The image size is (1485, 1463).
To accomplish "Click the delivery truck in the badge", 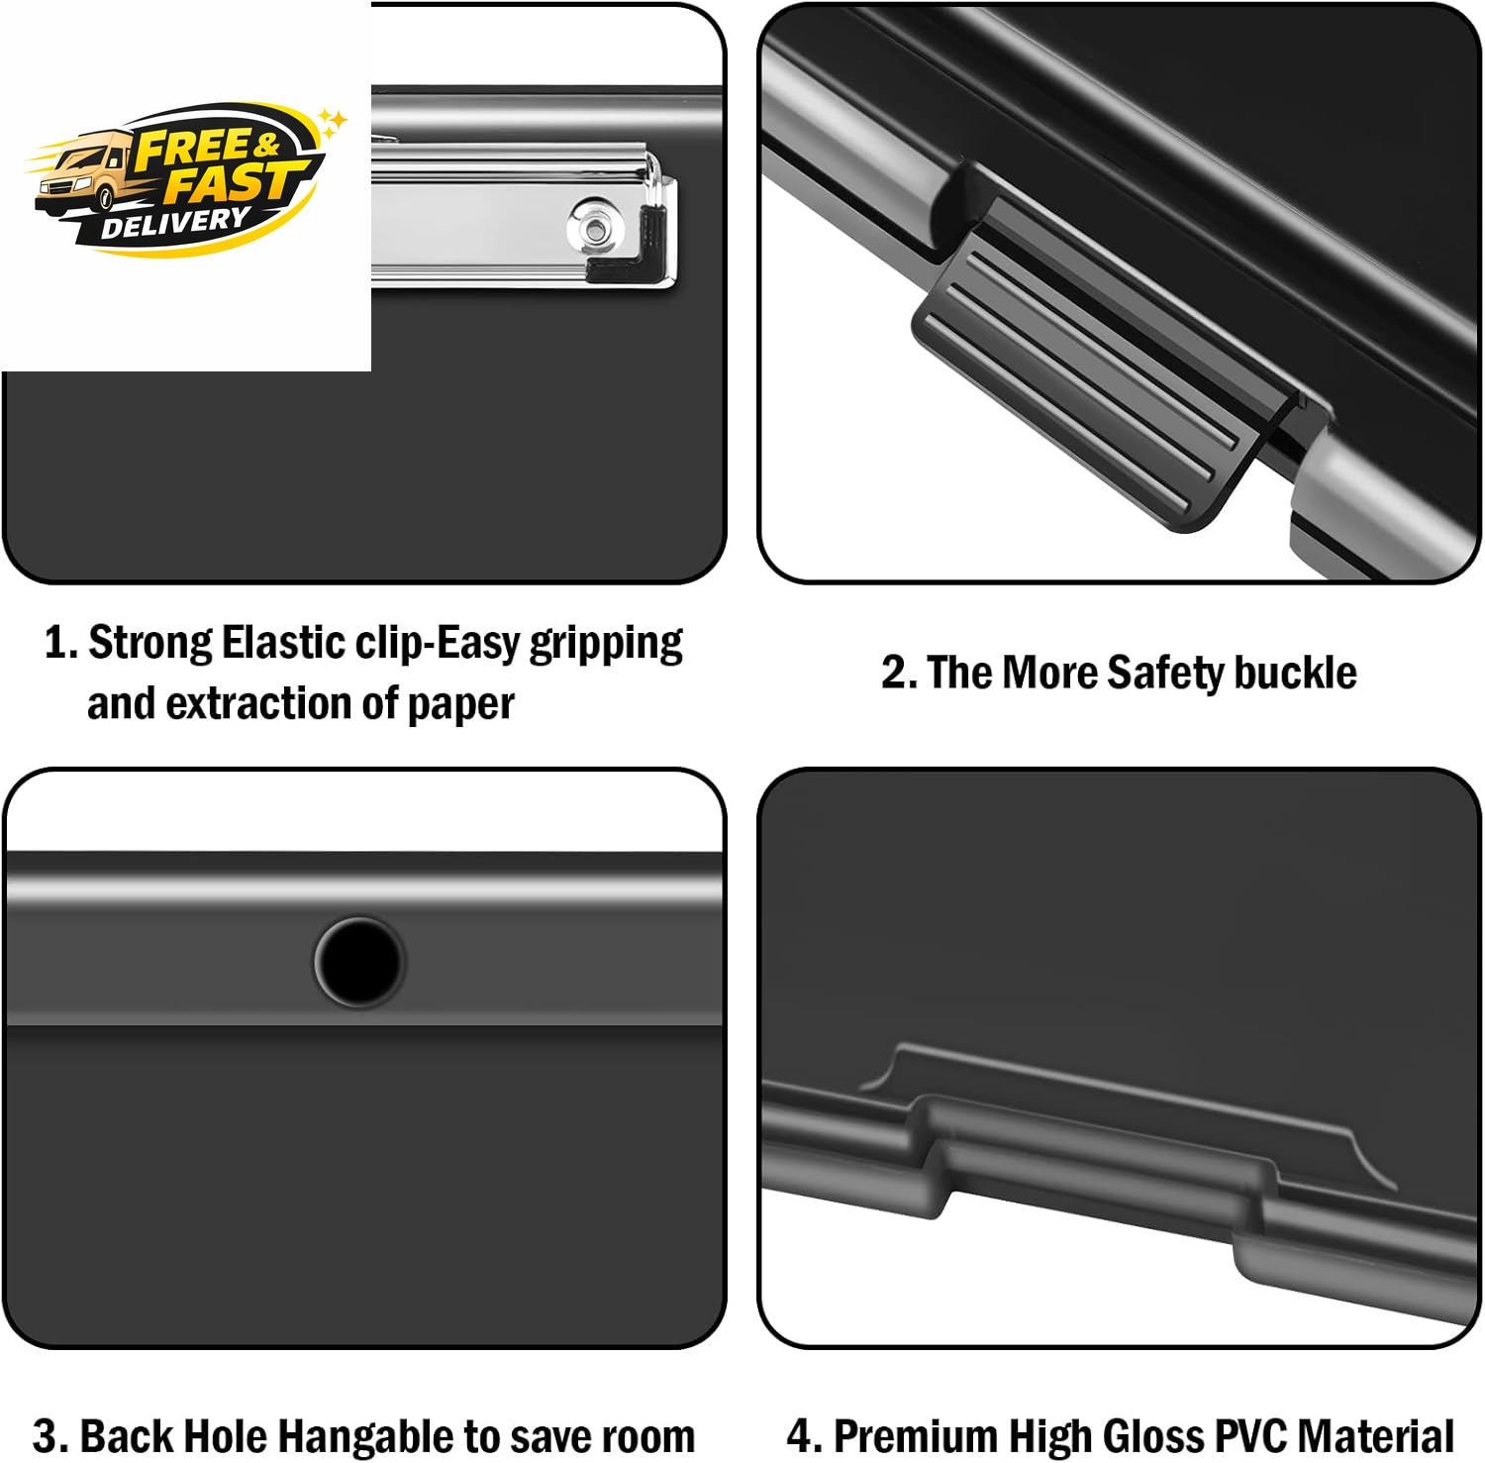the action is pos(84,178).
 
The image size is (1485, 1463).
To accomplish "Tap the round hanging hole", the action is pos(359,962).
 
